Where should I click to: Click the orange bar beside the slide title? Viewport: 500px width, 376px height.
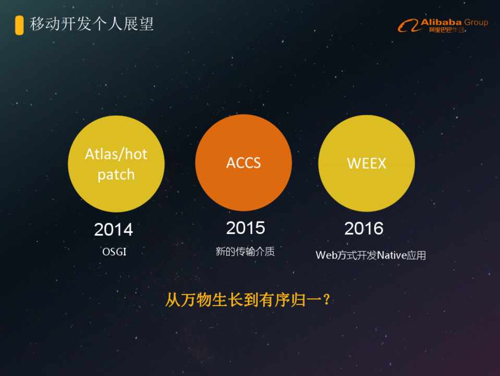point(19,25)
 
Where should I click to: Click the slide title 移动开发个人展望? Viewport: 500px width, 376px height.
point(92,24)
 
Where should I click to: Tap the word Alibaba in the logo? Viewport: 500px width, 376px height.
point(441,22)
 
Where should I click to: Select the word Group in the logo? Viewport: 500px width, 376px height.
point(476,22)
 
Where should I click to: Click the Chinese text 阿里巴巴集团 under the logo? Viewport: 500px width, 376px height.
point(446,30)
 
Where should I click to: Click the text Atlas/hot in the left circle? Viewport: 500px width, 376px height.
point(116,154)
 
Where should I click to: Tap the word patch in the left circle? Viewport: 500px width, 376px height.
point(116,175)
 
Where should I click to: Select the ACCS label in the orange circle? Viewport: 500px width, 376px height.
point(243,163)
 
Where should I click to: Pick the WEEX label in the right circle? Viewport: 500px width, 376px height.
point(367,163)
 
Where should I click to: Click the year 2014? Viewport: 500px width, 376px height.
point(114,229)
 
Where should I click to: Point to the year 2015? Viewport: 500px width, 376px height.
point(246,228)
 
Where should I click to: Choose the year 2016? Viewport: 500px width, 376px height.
point(364,228)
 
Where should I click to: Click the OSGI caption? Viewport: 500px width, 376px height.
point(114,252)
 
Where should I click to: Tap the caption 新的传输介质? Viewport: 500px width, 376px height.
point(245,251)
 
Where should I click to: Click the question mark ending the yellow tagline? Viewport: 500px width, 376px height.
point(326,300)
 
